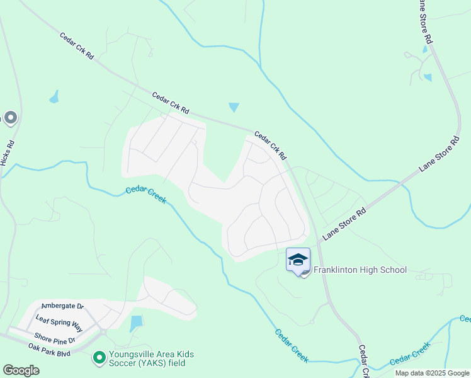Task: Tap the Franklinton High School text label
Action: coord(360,270)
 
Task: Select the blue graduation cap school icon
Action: coord(298,260)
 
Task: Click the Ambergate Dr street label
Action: coord(62,306)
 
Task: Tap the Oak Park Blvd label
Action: coord(49,347)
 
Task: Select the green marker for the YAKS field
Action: coord(99,358)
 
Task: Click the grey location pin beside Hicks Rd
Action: coord(10,118)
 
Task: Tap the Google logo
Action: coord(21,370)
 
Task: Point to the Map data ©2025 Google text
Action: coord(432,373)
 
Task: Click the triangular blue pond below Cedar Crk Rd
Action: coord(234,107)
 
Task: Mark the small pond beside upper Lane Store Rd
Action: coord(428,77)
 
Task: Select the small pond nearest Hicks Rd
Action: coord(54,97)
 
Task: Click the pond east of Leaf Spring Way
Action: coord(136,324)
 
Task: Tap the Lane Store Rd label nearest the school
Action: coord(344,225)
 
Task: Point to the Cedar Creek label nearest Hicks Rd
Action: coord(145,195)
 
